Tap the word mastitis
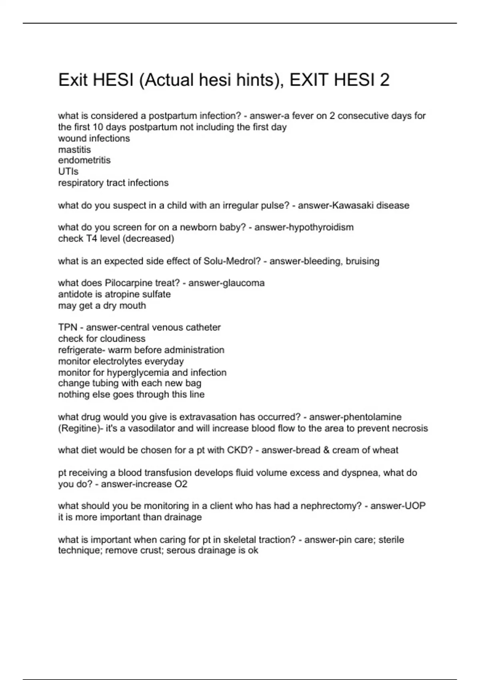[x=74, y=150]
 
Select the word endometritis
[x=84, y=160]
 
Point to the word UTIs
[x=68, y=172]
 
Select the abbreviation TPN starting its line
[x=68, y=328]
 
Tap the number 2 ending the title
[x=384, y=80]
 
